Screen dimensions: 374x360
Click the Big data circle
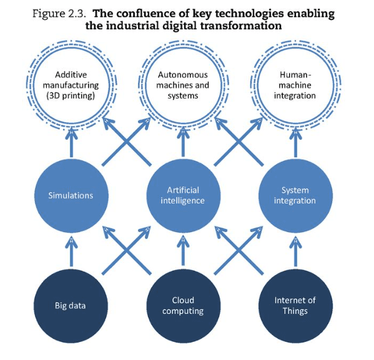(x=71, y=306)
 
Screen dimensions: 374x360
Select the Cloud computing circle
(x=183, y=306)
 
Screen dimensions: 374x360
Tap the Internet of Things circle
(x=295, y=306)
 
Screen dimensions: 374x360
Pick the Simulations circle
(x=71, y=196)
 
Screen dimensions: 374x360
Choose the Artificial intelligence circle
(x=183, y=196)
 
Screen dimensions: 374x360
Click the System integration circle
(x=295, y=196)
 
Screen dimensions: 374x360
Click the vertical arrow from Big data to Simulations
(x=71, y=251)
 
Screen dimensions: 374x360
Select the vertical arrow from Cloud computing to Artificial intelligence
(x=183, y=251)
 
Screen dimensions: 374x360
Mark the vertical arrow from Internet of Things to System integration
(x=295, y=251)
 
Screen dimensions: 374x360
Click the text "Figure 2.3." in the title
(x=59, y=14)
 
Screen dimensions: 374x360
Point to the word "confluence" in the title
(x=146, y=14)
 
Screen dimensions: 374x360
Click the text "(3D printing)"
(x=71, y=95)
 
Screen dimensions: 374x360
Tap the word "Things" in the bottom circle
(x=295, y=311)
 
